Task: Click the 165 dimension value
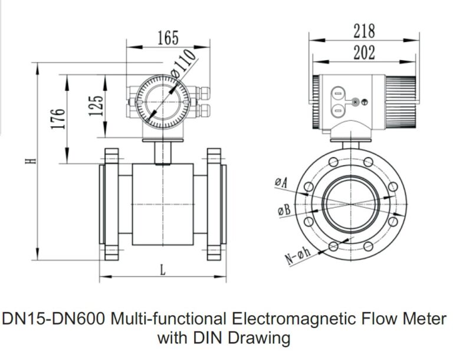pos(168,39)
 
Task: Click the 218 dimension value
pos(364,30)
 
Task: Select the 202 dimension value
pos(364,52)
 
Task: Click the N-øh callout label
pos(297,257)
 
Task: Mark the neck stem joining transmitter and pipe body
pos(161,152)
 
